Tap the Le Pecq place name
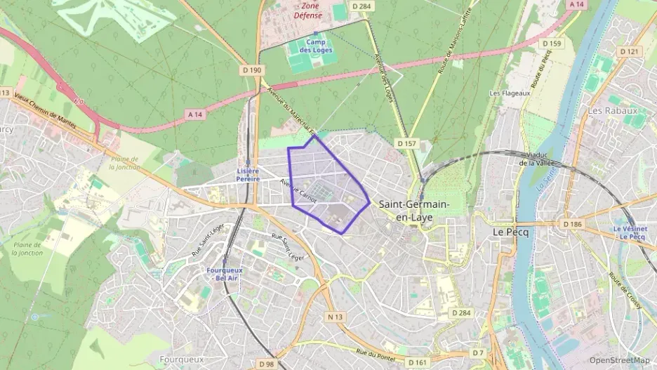(510, 231)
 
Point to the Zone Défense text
(307, 10)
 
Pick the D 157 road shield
(406, 143)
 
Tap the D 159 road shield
(552, 44)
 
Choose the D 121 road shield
(630, 51)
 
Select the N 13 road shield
(336, 317)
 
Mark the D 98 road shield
(266, 364)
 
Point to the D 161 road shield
(418, 362)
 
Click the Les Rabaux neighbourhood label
(612, 110)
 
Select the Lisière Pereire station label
(248, 175)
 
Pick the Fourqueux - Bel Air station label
(225, 274)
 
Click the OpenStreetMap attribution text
(619, 360)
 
